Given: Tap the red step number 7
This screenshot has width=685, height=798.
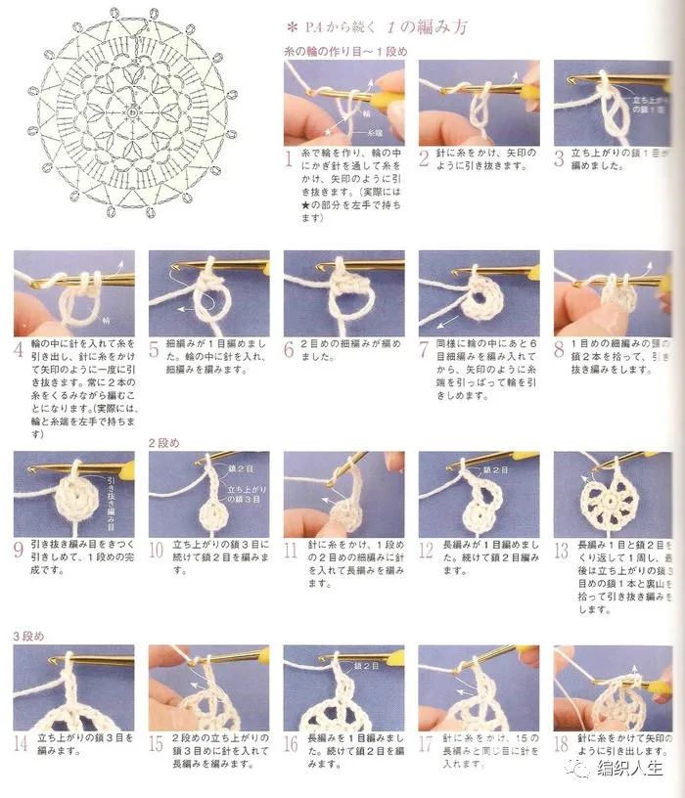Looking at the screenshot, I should pos(425,349).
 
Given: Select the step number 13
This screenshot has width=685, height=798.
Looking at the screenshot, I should pos(560,550).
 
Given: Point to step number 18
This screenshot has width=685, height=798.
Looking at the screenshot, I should pos(561,743).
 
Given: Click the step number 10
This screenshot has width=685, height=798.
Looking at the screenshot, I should pos(156,550).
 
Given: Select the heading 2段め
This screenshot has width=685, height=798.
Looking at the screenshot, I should pos(164,443).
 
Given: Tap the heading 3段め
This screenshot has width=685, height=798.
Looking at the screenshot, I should pos(28,636).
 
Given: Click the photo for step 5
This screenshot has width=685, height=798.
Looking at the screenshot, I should pos(208,293).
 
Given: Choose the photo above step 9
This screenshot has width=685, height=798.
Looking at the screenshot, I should pos(73,494).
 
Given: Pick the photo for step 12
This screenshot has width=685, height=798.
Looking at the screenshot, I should pos(479,494).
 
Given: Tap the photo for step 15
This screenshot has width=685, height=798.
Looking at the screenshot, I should pos(208,687).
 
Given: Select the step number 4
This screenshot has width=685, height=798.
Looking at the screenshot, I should pos(20,349).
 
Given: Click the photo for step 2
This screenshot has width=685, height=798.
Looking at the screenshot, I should pos(479,103).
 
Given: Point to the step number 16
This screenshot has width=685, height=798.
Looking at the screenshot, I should pos(291,743).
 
